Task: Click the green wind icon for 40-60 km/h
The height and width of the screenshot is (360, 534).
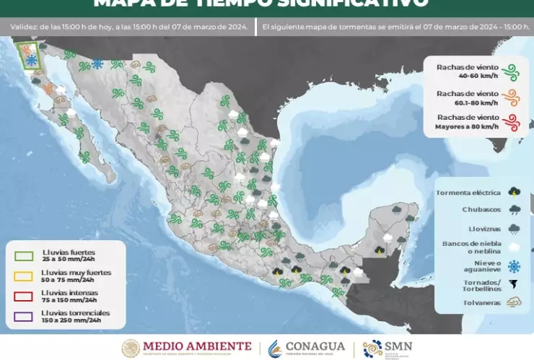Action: pyautogui.click(x=512, y=71)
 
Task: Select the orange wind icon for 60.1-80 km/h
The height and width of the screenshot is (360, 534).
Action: pyautogui.click(x=512, y=97)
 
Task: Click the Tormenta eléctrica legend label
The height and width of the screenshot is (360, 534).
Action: pyautogui.click(x=468, y=193)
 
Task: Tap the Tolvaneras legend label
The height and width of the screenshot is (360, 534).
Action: pyautogui.click(x=481, y=303)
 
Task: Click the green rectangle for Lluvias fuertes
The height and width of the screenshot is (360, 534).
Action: pyautogui.click(x=24, y=255)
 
